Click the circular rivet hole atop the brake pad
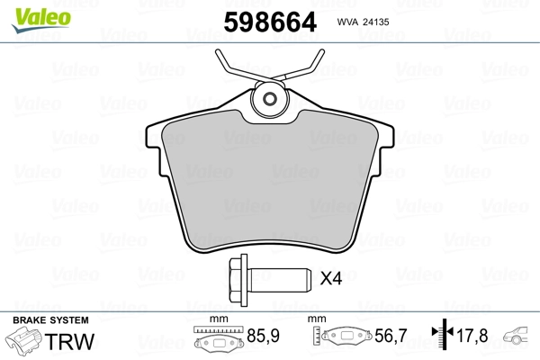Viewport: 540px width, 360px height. click(x=267, y=101)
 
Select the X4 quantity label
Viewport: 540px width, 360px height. click(x=332, y=279)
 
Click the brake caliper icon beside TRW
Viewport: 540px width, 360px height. click(x=26, y=344)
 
